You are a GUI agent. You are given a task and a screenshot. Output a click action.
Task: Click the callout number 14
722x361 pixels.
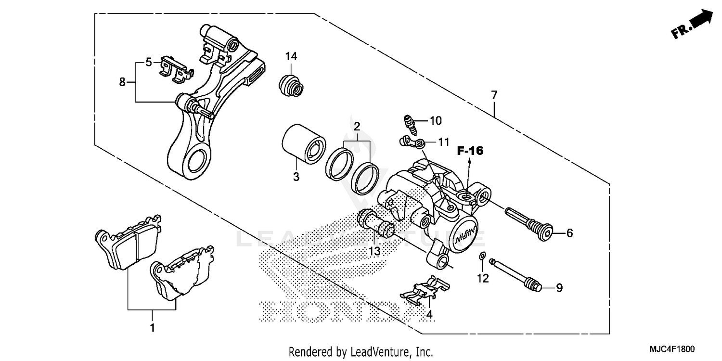click(x=291, y=56)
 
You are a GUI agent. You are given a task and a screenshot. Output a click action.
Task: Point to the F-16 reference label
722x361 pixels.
click(x=470, y=151)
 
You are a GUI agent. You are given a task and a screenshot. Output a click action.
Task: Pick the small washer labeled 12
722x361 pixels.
click(x=482, y=256)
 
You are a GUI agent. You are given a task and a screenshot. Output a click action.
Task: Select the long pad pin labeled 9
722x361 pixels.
click(x=515, y=274)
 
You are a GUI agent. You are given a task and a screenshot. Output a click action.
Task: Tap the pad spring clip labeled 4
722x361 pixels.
click(x=425, y=290)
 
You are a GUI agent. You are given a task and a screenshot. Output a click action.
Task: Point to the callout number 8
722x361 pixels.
click(x=122, y=82)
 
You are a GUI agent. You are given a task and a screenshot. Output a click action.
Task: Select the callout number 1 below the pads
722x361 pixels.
click(x=152, y=328)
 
